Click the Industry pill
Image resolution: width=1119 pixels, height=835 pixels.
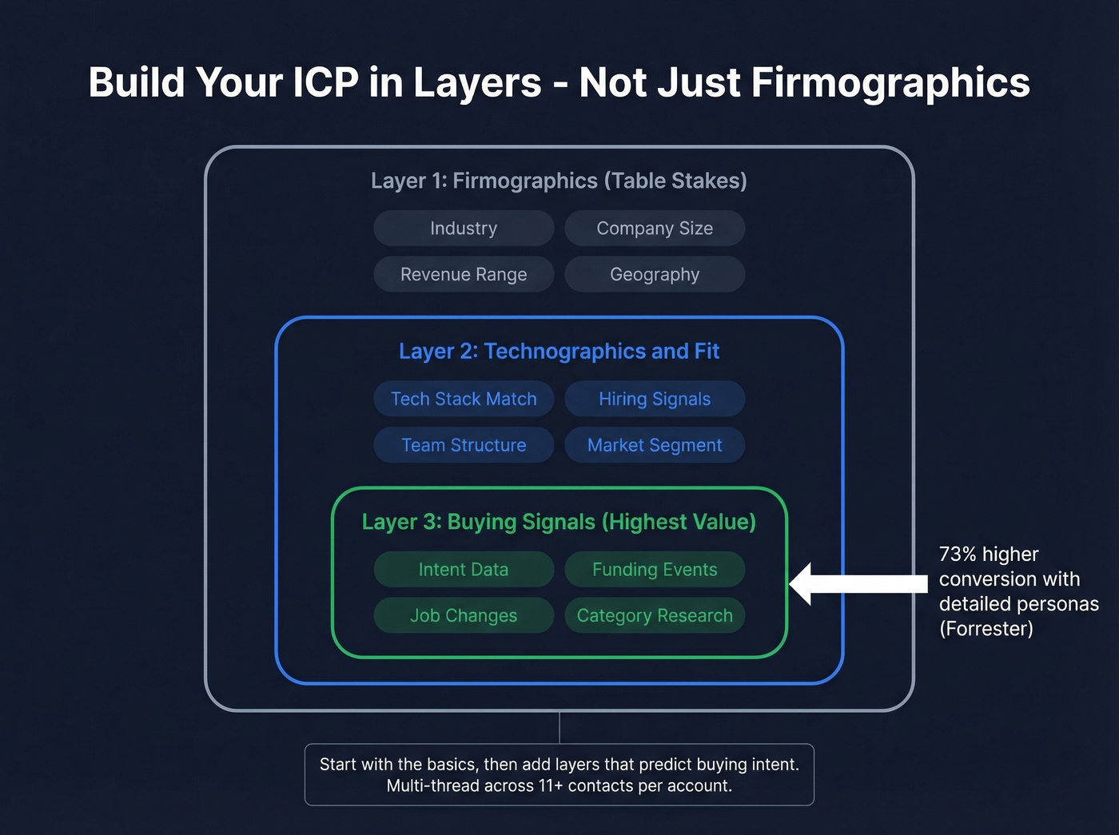click(464, 229)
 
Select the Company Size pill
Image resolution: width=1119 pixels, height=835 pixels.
click(655, 229)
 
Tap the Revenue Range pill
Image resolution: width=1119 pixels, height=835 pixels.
click(464, 275)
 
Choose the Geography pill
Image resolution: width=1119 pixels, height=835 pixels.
click(655, 275)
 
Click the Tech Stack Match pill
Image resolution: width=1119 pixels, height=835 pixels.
click(464, 399)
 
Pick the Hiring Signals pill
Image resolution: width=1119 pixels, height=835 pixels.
click(655, 399)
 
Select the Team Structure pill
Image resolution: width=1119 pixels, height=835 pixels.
click(464, 445)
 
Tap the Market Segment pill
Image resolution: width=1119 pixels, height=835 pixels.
click(655, 445)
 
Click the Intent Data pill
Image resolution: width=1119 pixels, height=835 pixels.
click(464, 570)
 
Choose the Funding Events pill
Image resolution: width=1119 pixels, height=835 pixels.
click(655, 570)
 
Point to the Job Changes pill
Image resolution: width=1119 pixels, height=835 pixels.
click(464, 616)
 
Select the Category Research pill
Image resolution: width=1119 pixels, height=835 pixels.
click(655, 616)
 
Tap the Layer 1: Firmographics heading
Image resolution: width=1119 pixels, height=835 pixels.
click(559, 181)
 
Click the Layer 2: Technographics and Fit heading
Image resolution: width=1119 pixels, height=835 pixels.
click(559, 352)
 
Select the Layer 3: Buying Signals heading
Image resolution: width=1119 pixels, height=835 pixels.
click(559, 523)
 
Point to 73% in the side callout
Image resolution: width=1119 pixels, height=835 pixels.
click(958, 555)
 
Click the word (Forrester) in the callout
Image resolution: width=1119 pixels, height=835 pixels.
click(986, 629)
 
